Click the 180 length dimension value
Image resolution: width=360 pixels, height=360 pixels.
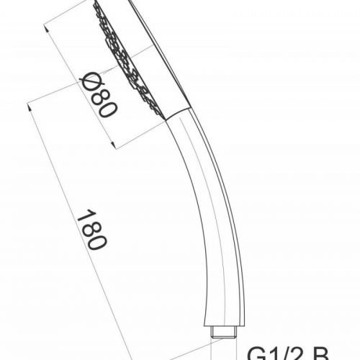tap(89, 230)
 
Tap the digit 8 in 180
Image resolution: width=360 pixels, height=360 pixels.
tap(88, 228)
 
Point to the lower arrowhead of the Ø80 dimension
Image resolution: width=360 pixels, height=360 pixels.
tap(116, 146)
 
